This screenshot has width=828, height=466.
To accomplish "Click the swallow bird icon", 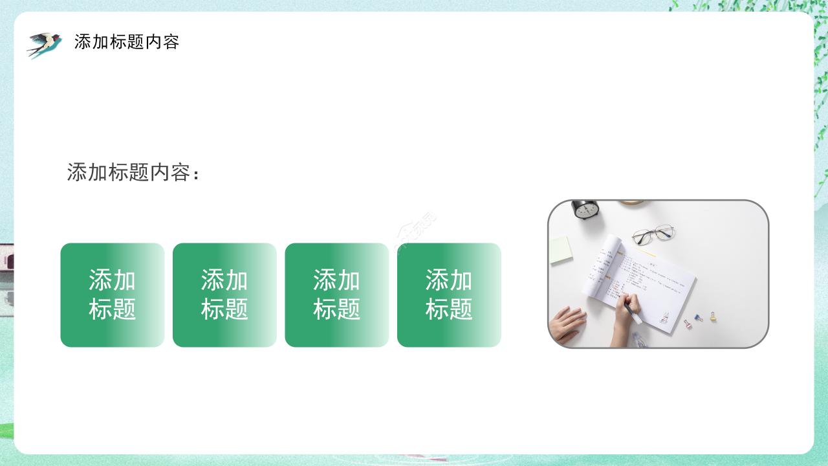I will click(x=44, y=44).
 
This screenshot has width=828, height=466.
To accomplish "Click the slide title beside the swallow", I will click(x=127, y=42).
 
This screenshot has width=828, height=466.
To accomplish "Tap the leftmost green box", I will click(x=113, y=295).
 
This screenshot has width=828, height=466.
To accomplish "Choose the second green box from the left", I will click(x=224, y=295).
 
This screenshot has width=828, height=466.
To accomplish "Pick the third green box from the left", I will click(x=337, y=295).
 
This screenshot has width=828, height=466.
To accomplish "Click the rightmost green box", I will click(x=449, y=295).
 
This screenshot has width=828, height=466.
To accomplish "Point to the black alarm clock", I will click(x=585, y=208).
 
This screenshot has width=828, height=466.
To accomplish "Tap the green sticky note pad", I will click(x=561, y=249).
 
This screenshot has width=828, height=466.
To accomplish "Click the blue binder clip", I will click(x=699, y=318).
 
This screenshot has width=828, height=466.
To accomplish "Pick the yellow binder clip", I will click(x=713, y=316).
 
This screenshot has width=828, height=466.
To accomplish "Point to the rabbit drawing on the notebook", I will click(x=664, y=317).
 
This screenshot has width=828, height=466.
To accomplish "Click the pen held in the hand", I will click(x=633, y=313).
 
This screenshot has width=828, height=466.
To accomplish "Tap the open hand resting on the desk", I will click(x=567, y=324).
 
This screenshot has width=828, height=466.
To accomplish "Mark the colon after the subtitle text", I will click(x=196, y=174).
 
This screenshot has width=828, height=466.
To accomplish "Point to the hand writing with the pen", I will click(x=626, y=307).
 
